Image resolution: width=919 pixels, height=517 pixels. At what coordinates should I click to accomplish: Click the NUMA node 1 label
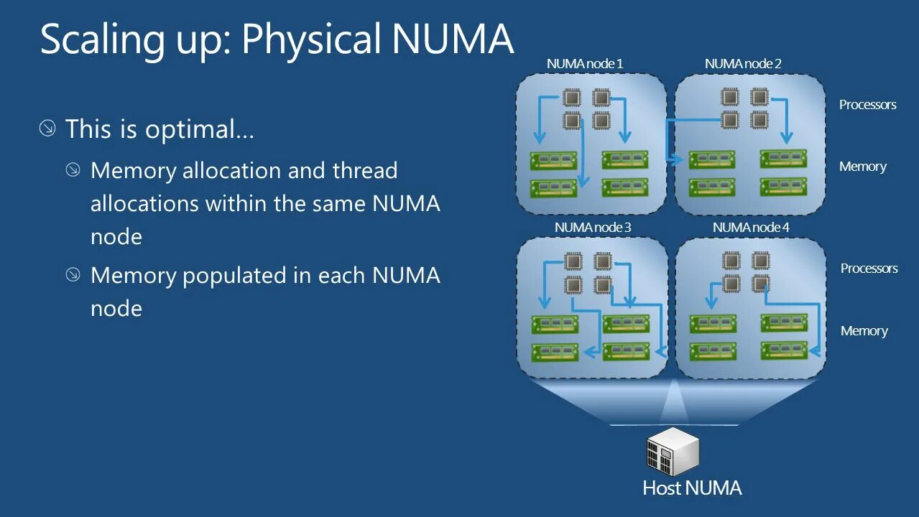click(x=584, y=64)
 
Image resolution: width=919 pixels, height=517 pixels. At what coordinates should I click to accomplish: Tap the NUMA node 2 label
click(x=743, y=64)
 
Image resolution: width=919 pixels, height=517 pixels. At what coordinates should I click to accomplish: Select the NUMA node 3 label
click(x=593, y=228)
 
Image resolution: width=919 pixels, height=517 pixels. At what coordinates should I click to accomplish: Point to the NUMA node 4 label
click(x=751, y=228)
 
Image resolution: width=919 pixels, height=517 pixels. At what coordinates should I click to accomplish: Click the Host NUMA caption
click(x=692, y=488)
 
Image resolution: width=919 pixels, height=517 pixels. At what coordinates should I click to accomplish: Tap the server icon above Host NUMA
click(x=673, y=450)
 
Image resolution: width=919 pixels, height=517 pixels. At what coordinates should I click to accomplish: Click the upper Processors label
click(x=867, y=105)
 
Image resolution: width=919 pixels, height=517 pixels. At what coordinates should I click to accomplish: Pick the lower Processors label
click(x=869, y=269)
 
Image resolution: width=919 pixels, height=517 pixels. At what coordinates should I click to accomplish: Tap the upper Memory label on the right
click(x=862, y=167)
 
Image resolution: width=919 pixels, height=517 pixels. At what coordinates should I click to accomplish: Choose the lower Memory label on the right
click(x=864, y=331)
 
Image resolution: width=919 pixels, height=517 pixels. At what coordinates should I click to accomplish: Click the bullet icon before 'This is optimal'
click(x=47, y=129)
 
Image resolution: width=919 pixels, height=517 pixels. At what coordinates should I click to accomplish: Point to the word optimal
click(x=200, y=130)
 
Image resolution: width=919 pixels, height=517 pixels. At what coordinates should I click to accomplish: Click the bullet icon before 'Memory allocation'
click(x=73, y=170)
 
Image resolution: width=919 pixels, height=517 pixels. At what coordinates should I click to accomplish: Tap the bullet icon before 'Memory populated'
click(x=73, y=275)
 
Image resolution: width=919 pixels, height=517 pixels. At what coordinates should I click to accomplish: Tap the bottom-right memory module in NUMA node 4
click(x=784, y=351)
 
